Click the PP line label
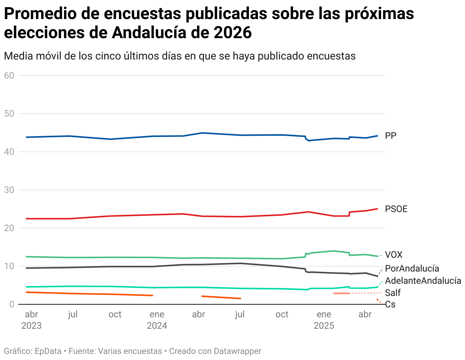(x=391, y=136)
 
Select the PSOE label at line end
(x=396, y=209)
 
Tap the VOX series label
(x=393, y=255)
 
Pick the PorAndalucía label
(x=412, y=268)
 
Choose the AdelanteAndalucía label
(x=423, y=281)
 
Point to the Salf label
(x=393, y=293)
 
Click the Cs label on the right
(x=390, y=304)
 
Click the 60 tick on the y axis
(x=9, y=76)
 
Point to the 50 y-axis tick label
(x=9, y=114)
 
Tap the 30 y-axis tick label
(x=9, y=190)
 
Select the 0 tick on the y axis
(x=12, y=304)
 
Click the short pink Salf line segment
(x=342, y=293)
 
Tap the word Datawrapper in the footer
(x=237, y=351)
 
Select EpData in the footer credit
(x=48, y=351)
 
